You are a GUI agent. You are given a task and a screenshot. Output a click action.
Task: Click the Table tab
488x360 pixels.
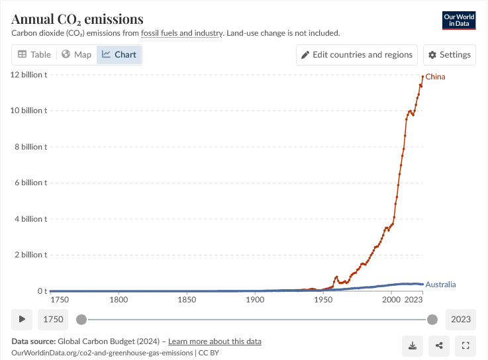(x=34, y=54)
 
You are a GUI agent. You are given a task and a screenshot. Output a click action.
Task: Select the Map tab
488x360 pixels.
(x=76, y=54)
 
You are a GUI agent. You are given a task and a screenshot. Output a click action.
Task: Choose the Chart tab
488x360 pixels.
(x=119, y=54)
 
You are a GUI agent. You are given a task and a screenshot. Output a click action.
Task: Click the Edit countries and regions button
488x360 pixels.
(x=357, y=54)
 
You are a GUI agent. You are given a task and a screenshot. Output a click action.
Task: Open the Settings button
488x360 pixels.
(x=450, y=54)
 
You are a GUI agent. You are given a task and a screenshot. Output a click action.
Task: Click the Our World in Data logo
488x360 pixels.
(x=458, y=20)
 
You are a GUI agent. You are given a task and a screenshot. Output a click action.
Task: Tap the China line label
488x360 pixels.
(x=435, y=77)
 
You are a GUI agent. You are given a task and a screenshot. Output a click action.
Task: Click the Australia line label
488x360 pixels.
(x=440, y=285)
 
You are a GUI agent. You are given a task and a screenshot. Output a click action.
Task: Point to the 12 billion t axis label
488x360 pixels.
(x=28, y=74)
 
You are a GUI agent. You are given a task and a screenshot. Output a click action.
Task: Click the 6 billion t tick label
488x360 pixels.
(x=28, y=183)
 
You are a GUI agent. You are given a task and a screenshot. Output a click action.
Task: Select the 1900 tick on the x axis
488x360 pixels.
(x=255, y=300)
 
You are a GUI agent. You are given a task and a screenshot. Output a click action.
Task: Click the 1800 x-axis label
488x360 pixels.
(x=119, y=300)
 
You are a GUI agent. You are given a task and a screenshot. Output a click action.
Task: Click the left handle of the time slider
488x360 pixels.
(x=81, y=320)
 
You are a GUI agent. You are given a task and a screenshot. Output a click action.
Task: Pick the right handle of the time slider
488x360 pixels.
(x=432, y=320)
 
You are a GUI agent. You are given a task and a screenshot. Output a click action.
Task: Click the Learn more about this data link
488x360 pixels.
(x=215, y=341)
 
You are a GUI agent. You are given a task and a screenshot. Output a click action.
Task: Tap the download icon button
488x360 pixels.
(x=413, y=345)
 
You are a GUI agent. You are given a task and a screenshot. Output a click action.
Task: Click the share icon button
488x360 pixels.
(x=439, y=345)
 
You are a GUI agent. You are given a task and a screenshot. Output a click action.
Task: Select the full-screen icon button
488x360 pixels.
(x=465, y=345)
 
